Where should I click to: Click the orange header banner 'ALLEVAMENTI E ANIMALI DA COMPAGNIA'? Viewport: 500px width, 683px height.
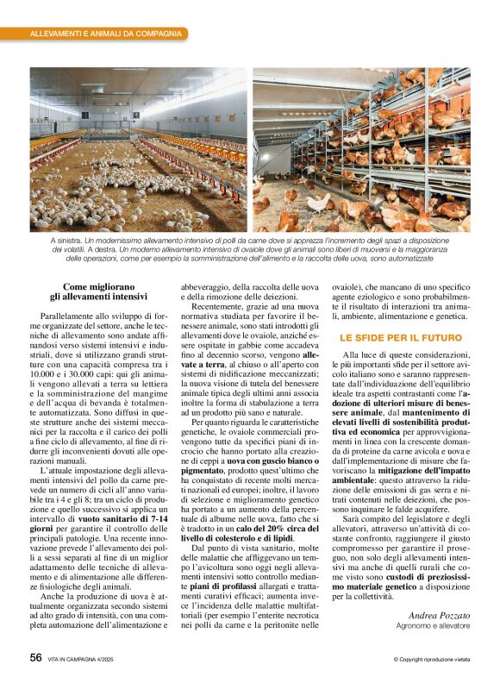coord(105,34)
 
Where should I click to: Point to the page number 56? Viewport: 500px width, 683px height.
coord(35,657)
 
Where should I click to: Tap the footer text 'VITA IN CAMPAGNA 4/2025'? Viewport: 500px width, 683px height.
coord(89,659)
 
